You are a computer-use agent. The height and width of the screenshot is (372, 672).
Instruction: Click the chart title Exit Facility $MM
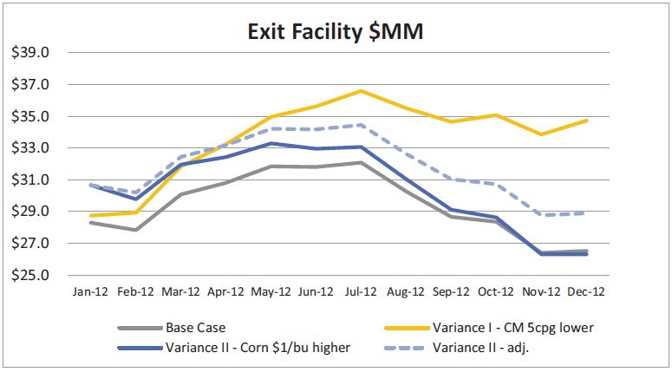click(336, 34)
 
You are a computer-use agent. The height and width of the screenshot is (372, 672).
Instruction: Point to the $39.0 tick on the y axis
click(29, 53)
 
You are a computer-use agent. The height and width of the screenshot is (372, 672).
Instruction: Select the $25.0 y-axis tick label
click(29, 276)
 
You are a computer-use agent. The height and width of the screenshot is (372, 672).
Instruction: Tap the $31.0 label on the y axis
click(29, 180)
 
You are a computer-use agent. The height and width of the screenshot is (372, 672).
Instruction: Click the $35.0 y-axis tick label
click(29, 117)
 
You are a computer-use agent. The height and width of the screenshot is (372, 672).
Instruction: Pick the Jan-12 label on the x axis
click(89, 293)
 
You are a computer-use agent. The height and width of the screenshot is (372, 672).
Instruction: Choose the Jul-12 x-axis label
click(361, 293)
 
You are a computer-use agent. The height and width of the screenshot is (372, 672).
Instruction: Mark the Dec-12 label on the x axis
click(586, 293)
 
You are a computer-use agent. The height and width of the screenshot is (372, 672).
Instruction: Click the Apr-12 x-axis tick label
click(225, 293)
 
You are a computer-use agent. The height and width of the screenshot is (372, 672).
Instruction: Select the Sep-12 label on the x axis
click(451, 293)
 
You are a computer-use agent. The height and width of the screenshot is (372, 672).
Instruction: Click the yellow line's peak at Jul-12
click(361, 90)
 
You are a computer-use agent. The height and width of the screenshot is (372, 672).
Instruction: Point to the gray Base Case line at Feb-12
click(134, 230)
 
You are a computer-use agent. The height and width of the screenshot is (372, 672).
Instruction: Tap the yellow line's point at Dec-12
click(587, 120)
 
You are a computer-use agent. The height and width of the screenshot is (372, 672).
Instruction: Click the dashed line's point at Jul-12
click(361, 125)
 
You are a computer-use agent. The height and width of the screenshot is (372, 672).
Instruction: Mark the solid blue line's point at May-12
click(271, 143)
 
